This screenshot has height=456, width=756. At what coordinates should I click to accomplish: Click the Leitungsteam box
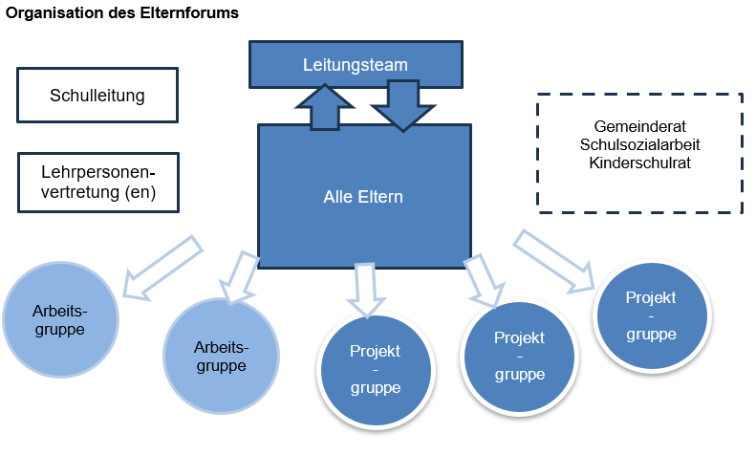(355, 64)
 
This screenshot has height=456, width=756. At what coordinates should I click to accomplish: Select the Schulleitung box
(97, 96)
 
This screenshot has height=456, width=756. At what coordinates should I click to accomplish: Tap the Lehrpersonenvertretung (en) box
(97, 184)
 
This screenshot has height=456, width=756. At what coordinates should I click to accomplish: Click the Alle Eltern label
(362, 197)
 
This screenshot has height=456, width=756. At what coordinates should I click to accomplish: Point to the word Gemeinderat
(639, 126)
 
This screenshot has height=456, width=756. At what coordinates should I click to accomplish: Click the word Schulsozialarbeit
(639, 144)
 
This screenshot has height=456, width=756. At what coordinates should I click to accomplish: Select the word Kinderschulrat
(639, 163)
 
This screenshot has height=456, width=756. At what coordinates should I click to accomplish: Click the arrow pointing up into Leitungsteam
(325, 106)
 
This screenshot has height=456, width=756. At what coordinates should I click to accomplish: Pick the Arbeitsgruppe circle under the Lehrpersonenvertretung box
(60, 321)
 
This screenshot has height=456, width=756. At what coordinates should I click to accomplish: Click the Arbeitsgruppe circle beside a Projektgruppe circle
(221, 356)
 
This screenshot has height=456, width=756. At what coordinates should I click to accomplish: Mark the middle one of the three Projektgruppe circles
(519, 356)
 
